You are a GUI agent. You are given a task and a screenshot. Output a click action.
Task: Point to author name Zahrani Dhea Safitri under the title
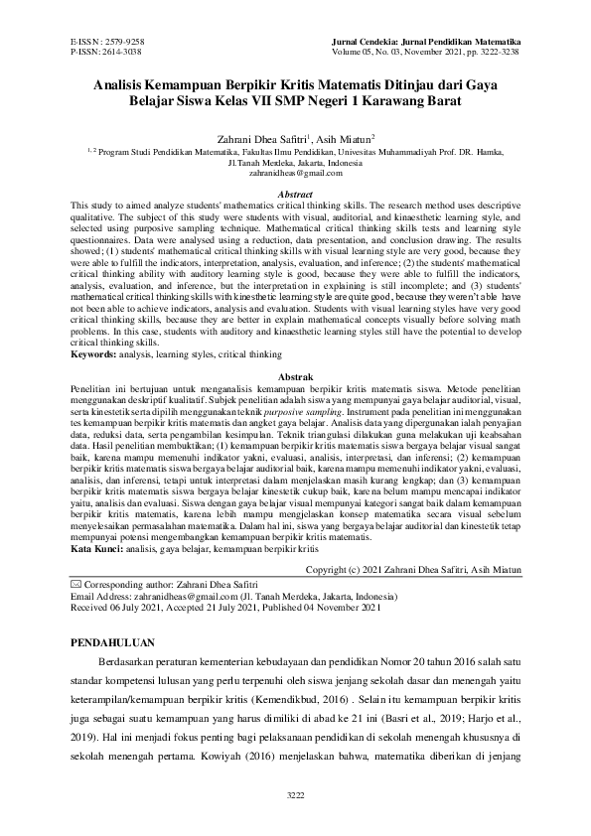pyautogui.click(x=266, y=139)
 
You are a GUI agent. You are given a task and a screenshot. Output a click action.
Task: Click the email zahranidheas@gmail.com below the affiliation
pyautogui.click(x=295, y=173)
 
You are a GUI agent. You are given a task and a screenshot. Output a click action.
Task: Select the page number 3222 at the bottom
pyautogui.click(x=295, y=795)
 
